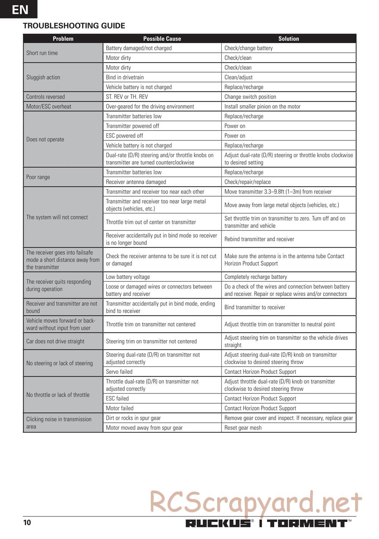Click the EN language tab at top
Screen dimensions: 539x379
click(19, 9)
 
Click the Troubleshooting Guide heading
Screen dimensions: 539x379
click(74, 26)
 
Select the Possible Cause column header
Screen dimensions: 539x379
click(162, 39)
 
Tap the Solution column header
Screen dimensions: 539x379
click(288, 39)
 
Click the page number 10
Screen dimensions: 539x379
click(27, 523)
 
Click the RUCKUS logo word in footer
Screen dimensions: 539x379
click(218, 523)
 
